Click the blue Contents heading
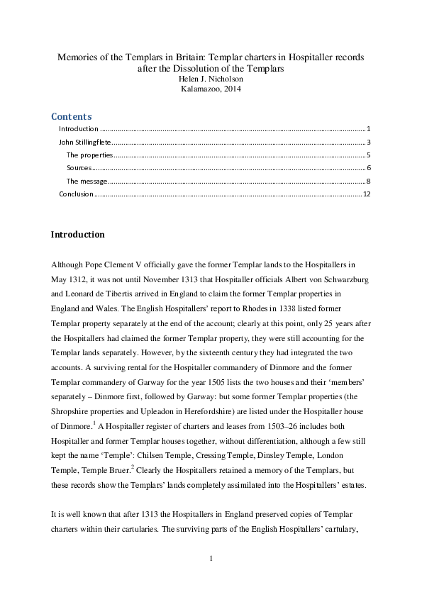tap(71, 116)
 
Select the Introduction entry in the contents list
tap(78, 129)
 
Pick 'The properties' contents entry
tap(89, 155)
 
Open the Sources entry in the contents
tap(79, 168)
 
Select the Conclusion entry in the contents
tap(76, 194)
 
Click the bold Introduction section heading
tap(77, 235)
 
